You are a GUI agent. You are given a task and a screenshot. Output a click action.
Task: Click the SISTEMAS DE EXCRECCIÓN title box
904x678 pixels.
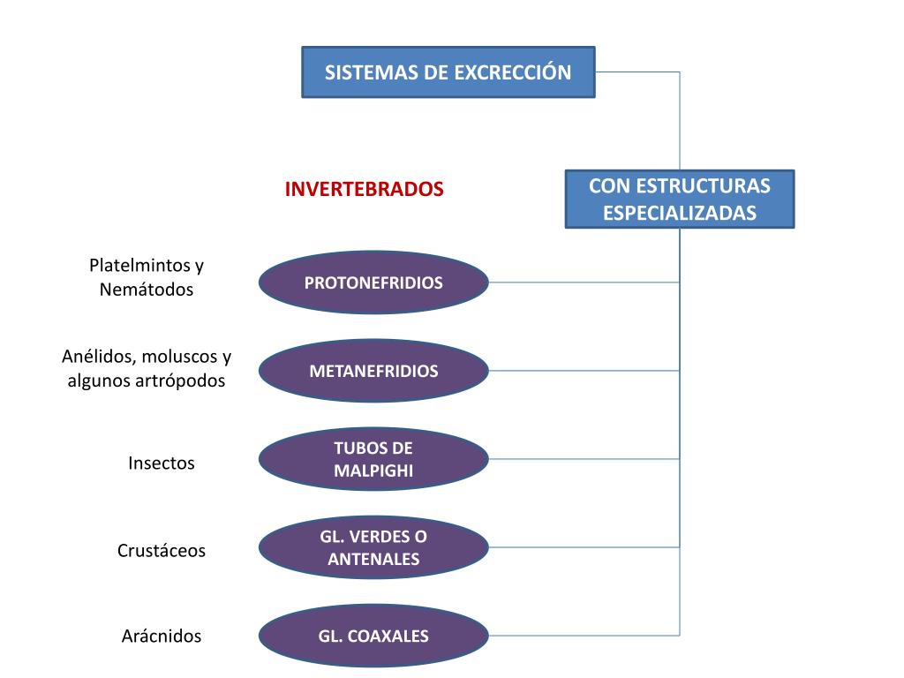(x=448, y=72)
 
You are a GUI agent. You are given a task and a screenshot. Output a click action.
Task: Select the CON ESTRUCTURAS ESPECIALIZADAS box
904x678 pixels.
(x=680, y=200)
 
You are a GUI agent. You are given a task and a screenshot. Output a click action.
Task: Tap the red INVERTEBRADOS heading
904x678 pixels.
(x=364, y=190)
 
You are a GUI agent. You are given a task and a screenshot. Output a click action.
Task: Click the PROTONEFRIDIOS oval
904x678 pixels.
(x=373, y=283)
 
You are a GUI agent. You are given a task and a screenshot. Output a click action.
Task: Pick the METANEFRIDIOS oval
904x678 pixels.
(x=373, y=371)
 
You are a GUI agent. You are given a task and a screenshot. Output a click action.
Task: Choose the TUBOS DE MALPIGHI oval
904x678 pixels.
(x=373, y=459)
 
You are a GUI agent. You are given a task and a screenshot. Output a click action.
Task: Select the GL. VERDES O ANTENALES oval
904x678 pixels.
(x=373, y=547)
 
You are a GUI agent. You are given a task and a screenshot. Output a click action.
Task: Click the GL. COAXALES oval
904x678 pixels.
(x=373, y=636)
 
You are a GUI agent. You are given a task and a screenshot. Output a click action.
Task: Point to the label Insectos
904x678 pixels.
(x=162, y=463)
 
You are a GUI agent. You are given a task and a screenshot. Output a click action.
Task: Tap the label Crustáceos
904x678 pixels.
(x=162, y=551)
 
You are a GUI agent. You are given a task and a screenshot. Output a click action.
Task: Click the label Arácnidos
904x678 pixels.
(x=162, y=636)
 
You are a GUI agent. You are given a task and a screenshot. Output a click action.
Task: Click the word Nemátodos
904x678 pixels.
(x=147, y=290)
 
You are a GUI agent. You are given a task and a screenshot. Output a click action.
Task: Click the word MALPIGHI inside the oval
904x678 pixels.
(x=373, y=471)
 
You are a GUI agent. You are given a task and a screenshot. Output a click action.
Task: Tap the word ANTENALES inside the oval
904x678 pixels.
(x=373, y=559)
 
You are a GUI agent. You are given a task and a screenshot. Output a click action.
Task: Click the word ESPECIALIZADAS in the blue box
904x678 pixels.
(x=680, y=213)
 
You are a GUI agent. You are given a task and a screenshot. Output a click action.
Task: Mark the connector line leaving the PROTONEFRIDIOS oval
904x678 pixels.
(x=583, y=282)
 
